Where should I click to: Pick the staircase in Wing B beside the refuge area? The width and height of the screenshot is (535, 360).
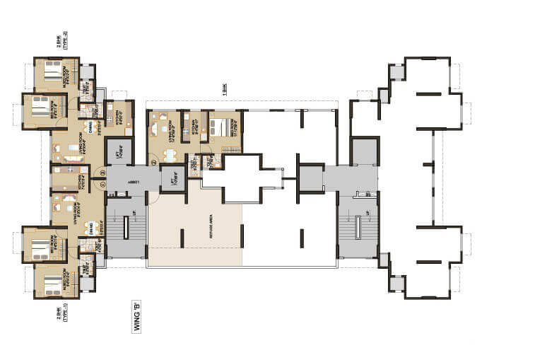[126, 227]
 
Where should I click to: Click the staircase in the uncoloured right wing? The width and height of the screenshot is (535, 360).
[358, 227]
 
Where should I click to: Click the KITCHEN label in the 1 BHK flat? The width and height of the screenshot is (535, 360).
[184, 126]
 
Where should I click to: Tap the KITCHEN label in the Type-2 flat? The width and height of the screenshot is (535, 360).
[121, 115]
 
